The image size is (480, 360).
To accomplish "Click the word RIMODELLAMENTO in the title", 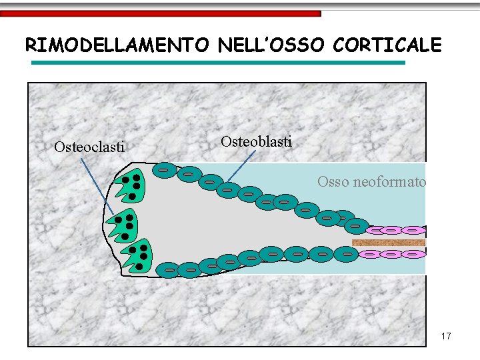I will pyautogui.click(x=117, y=45).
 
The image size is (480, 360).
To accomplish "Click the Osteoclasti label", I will pyautogui.click(x=89, y=147).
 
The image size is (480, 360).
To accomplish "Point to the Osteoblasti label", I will pyautogui.click(x=256, y=141).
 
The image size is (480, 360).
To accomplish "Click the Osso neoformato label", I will pyautogui.click(x=371, y=181).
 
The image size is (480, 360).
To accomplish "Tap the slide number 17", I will pyautogui.click(x=446, y=336).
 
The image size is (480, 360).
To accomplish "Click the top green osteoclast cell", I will pyautogui.click(x=129, y=187).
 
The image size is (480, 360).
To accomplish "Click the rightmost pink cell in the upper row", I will pyautogui.click(x=413, y=231).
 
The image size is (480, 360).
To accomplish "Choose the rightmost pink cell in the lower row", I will pyautogui.click(x=413, y=254).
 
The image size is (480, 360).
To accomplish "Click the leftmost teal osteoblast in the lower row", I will pyautogui.click(x=169, y=270).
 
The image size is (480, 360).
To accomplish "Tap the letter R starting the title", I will pyautogui.click(x=31, y=45).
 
